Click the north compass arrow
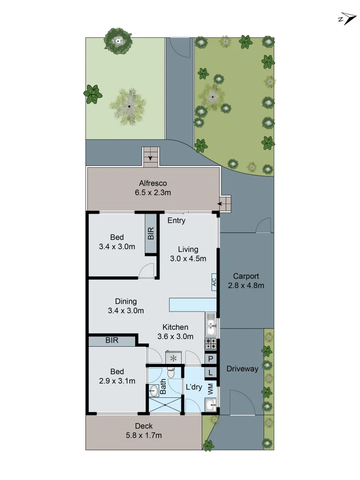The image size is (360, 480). pyautogui.click(x=347, y=19)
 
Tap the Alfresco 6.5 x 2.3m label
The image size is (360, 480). pyautogui.click(x=153, y=188)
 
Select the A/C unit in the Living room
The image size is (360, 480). pyautogui.click(x=214, y=282)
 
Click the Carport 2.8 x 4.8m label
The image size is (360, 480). pyautogui.click(x=246, y=281)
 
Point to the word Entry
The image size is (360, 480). pyautogui.click(x=176, y=220)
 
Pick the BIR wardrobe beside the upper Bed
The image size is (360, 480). pyautogui.click(x=151, y=234)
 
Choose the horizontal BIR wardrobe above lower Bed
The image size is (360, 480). pyautogui.click(x=112, y=340)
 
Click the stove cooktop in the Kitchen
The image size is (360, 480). pyautogui.click(x=211, y=344)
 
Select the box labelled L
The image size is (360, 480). pyautogui.click(x=211, y=372)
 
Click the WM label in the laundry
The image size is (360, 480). pyautogui.click(x=211, y=388)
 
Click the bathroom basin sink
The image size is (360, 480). pyautogui.click(x=154, y=391)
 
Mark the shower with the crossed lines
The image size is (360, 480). pyautogui.click(x=165, y=405)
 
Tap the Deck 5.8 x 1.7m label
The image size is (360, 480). pyautogui.click(x=143, y=431)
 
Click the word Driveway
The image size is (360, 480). pyautogui.click(x=242, y=368)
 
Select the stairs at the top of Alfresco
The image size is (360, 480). pyautogui.click(x=151, y=157)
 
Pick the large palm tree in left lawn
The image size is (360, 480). pyautogui.click(x=128, y=106)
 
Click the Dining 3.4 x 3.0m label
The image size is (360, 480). pyautogui.click(x=126, y=306)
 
